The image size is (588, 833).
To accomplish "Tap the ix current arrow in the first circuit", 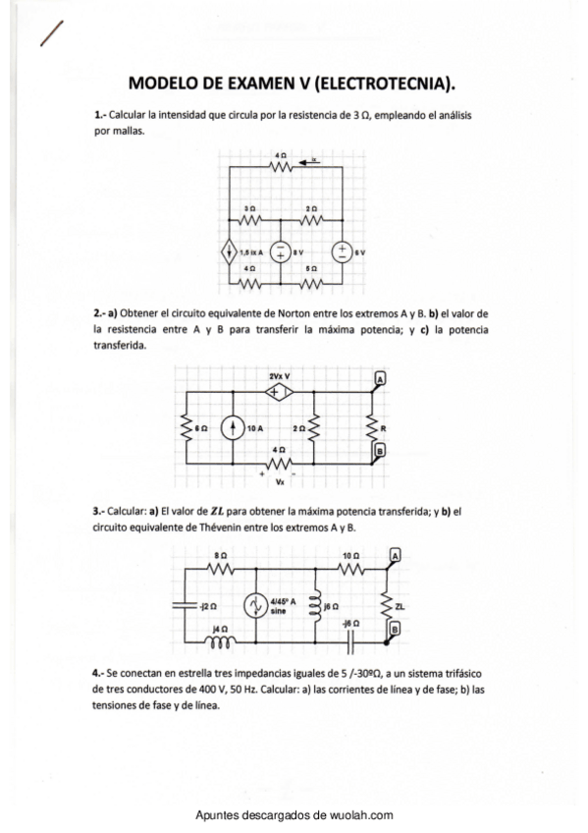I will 310,163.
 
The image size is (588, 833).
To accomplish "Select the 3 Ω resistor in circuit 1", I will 250,219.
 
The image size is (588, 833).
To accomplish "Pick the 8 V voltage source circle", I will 279,252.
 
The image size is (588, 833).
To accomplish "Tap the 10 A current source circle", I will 233,428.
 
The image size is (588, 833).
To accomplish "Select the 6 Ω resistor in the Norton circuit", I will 187,428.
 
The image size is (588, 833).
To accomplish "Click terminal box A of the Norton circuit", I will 380,378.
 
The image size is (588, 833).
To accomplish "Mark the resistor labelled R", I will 372,428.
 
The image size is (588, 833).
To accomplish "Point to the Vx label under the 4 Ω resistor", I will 280,482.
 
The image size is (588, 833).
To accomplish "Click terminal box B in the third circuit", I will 395,628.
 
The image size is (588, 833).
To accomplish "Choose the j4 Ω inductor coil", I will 221,643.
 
